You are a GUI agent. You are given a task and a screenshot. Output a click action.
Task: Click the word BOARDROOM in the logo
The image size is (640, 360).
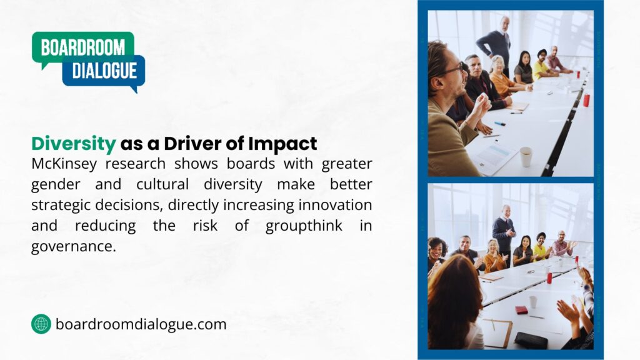click(x=82, y=47)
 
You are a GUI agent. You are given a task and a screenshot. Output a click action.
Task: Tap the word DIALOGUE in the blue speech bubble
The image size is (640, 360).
click(x=104, y=70)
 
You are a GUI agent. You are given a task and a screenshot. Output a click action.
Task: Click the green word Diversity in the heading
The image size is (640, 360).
click(x=74, y=144)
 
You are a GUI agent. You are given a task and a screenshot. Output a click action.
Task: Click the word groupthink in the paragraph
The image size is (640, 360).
click(x=304, y=226)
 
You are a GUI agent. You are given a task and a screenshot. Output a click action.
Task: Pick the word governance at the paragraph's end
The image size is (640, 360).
click(x=74, y=246)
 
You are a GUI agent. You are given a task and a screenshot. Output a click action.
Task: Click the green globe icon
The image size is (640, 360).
click(x=41, y=324)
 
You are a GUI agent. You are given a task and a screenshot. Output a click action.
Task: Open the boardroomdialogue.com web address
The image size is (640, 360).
click(x=141, y=324)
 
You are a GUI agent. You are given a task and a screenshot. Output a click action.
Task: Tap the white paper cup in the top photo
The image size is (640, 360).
click(x=526, y=157)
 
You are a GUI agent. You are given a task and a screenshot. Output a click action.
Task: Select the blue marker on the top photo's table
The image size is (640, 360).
click(x=500, y=124)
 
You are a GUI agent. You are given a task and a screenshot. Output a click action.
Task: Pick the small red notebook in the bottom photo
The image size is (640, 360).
click(x=521, y=309)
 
